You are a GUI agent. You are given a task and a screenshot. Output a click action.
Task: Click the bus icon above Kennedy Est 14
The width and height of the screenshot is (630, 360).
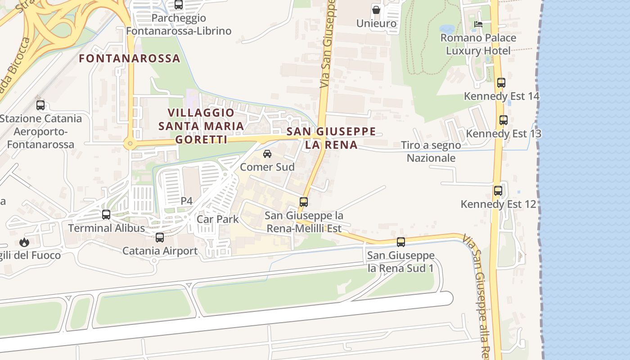point(501,83)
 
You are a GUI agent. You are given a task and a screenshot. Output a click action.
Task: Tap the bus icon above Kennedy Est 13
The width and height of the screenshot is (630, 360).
point(503,121)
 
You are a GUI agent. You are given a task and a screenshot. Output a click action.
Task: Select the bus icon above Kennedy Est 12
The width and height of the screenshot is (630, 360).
point(498,191)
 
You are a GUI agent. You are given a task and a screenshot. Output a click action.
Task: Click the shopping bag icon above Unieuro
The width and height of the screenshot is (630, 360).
point(376,9)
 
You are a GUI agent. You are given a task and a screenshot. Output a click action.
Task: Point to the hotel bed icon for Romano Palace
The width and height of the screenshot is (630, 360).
point(478,24)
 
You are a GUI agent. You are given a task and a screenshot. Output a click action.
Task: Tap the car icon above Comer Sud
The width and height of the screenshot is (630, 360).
point(267,154)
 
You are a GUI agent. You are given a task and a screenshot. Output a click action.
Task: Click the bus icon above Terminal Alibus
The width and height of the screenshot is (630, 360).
point(106,215)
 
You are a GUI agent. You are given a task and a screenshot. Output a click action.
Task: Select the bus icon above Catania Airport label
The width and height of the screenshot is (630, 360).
point(160,238)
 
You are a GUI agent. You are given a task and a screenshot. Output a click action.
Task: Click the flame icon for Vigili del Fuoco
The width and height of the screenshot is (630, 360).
point(24,243)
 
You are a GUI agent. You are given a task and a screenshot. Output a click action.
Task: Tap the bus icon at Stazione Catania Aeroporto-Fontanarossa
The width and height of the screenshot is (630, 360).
point(40,105)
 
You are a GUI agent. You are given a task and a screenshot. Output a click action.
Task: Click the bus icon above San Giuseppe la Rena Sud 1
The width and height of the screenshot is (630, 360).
point(400,242)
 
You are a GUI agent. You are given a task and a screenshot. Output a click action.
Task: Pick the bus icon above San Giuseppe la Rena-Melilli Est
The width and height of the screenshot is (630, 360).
point(304,202)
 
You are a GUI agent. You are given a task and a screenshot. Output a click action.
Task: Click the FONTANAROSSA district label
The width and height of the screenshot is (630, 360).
point(130,58)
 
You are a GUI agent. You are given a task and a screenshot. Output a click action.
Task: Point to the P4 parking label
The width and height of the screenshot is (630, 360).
point(186,201)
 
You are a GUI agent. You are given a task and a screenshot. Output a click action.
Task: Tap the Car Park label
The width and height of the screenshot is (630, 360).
point(217,219)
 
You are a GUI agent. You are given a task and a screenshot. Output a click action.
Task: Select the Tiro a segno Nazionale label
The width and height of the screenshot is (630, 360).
point(431,152)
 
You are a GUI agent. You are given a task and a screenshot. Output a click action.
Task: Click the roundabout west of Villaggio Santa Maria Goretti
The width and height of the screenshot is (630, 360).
point(130,144)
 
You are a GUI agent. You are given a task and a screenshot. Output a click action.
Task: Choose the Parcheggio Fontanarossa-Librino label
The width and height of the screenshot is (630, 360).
point(179,24)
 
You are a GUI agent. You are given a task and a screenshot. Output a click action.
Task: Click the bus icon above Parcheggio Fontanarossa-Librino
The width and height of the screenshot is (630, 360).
point(179,5)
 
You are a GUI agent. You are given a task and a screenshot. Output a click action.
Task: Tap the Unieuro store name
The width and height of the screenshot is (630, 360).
point(376,23)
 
